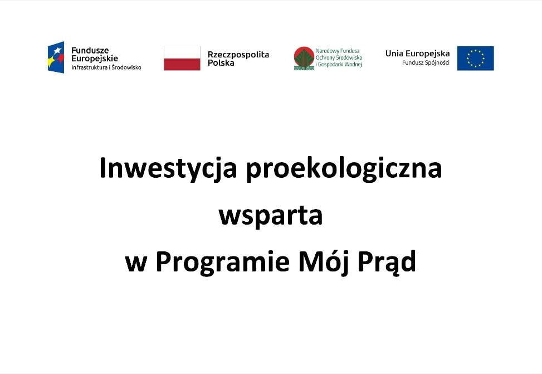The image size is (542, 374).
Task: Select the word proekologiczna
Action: click(344, 169)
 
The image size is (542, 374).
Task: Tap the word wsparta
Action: click(271, 216)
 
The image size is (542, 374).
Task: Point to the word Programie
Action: click(223, 263)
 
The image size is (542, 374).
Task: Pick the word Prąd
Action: click(387, 263)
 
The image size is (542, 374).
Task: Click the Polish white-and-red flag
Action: click(182, 58)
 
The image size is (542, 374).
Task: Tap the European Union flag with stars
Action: click(475, 58)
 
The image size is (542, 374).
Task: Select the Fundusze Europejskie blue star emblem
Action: click(56, 57)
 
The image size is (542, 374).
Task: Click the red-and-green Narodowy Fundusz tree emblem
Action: click(304, 58)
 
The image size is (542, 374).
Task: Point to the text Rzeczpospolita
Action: click(238, 54)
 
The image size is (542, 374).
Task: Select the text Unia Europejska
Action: click(418, 54)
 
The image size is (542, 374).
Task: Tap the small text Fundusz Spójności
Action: click(426, 62)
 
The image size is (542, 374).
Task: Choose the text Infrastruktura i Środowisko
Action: click(106, 67)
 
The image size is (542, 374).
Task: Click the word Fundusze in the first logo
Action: click(90, 51)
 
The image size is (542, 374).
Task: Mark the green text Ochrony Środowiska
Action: click(339, 58)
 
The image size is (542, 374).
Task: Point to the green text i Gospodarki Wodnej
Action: click(339, 64)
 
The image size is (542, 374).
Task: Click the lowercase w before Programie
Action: click(136, 264)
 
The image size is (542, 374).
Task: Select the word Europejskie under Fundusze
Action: click(94, 59)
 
